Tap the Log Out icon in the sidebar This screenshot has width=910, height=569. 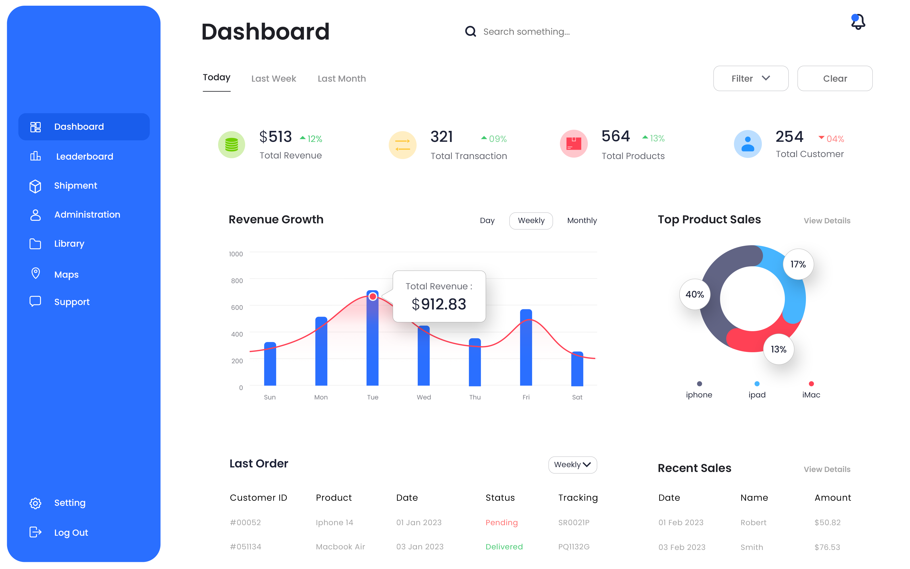click(x=35, y=532)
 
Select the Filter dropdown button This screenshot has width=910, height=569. click(x=750, y=78)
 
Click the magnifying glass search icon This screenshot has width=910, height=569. click(x=470, y=32)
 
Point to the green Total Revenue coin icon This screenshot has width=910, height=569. click(x=232, y=145)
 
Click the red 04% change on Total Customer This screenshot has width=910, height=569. click(x=832, y=139)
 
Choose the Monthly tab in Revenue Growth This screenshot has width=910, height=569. click(x=582, y=220)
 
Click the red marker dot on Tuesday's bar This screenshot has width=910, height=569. click(x=373, y=296)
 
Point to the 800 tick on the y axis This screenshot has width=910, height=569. click(x=237, y=281)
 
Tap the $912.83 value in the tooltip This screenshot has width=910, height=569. click(x=439, y=304)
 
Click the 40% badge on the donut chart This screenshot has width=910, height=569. click(x=694, y=294)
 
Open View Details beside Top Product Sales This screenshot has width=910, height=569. click(x=827, y=221)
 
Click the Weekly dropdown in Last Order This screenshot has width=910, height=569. click(x=572, y=465)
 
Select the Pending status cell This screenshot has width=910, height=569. click(x=502, y=522)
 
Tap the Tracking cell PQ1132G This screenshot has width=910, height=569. click(x=574, y=547)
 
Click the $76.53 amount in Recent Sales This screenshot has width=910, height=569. click(x=827, y=547)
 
